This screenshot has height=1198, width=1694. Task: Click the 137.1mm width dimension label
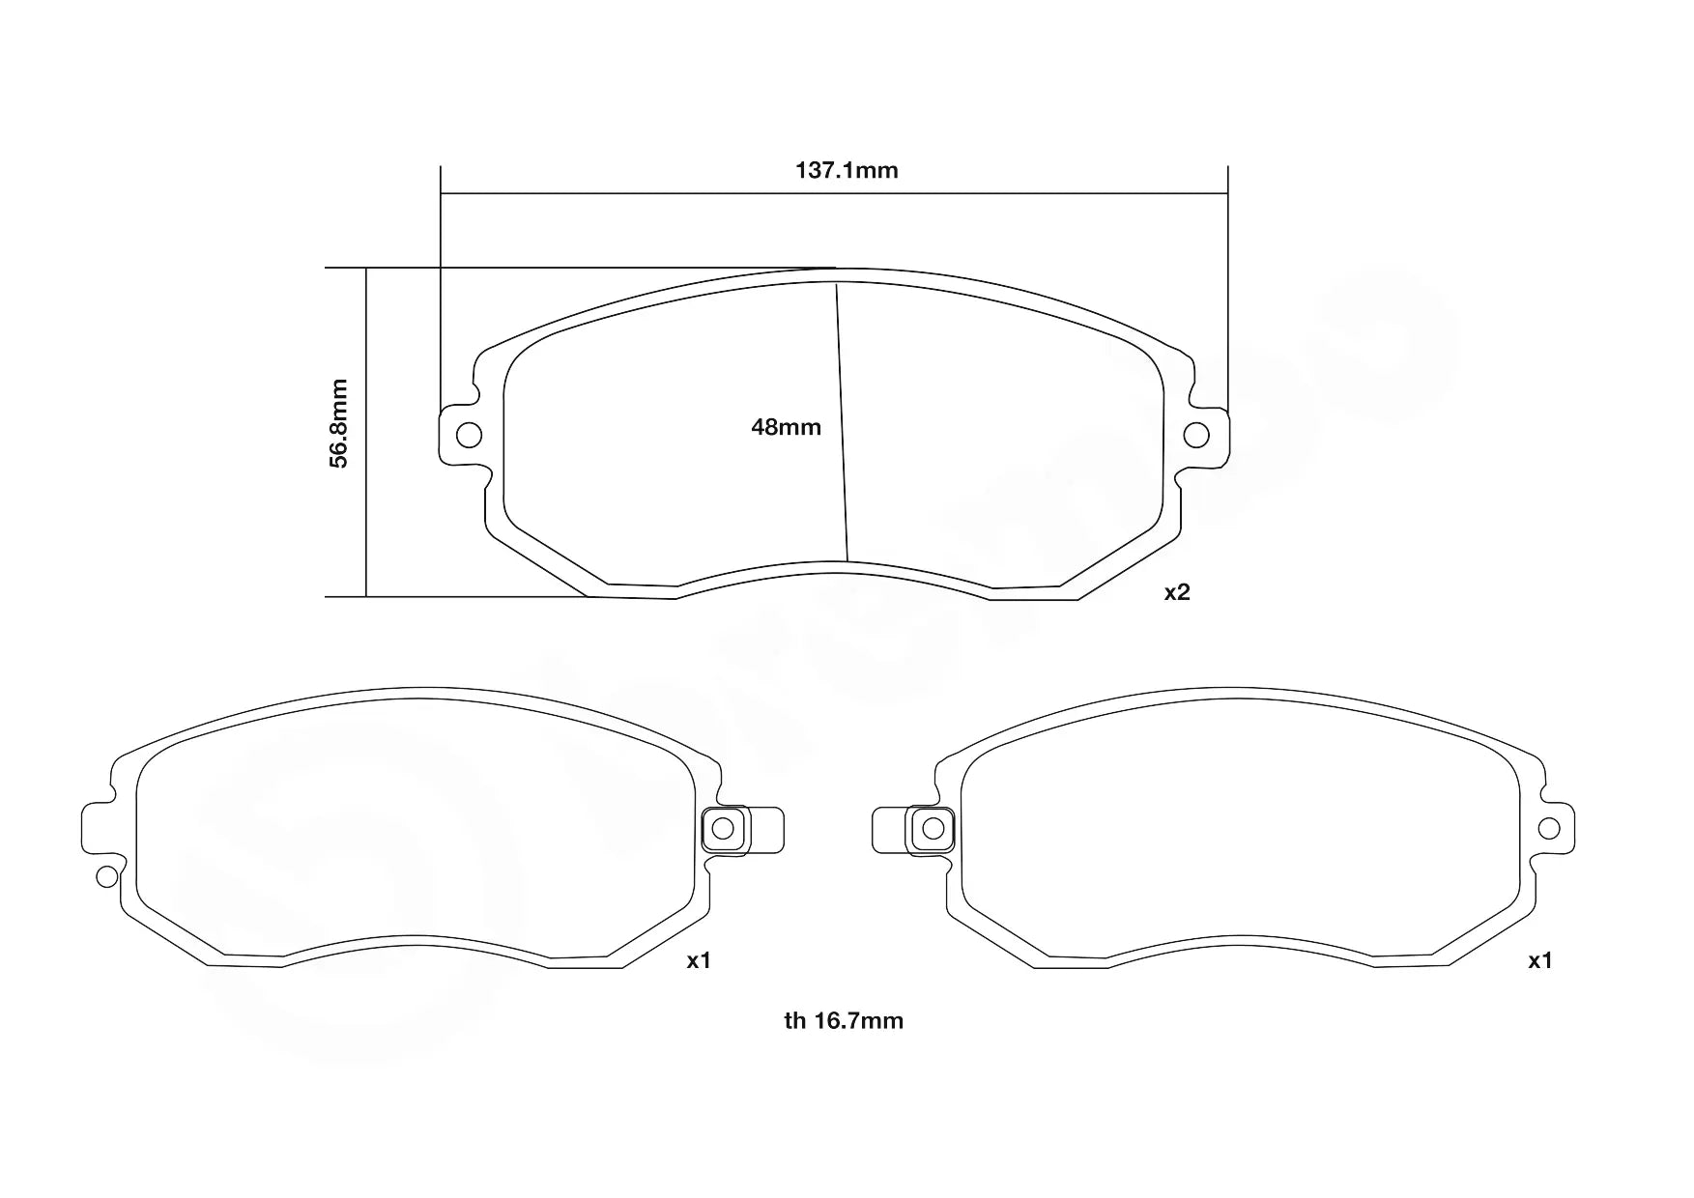847,171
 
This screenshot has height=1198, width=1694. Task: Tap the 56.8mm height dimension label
338,423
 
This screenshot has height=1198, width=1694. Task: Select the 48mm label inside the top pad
786,427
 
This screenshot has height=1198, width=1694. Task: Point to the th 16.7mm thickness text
844,1020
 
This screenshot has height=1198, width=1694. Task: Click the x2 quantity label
1176,593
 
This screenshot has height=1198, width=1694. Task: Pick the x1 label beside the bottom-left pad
699,960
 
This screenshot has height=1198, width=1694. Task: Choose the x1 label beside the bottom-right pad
1539,960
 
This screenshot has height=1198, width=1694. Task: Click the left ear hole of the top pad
469,435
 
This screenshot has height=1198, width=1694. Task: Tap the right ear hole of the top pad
1196,435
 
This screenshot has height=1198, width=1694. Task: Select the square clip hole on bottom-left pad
723,828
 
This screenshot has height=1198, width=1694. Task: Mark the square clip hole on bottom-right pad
933,828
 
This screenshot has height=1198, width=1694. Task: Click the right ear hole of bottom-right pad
1548,828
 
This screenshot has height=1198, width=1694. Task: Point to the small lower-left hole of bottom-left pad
106,876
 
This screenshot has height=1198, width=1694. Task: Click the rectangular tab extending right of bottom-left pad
767,829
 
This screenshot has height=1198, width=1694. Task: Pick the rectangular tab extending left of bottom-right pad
888,829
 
